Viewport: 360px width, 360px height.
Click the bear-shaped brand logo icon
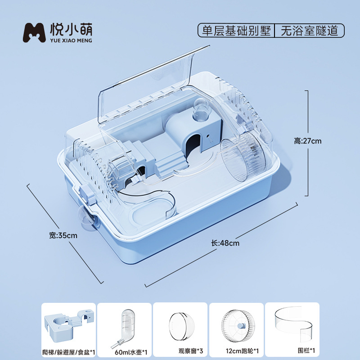pos(34,31)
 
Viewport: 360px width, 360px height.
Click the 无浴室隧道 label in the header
pos(309,31)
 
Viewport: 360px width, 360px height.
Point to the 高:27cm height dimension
pos(308,141)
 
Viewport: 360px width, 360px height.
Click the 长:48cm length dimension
pos(225,243)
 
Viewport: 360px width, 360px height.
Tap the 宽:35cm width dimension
pos(63,235)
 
